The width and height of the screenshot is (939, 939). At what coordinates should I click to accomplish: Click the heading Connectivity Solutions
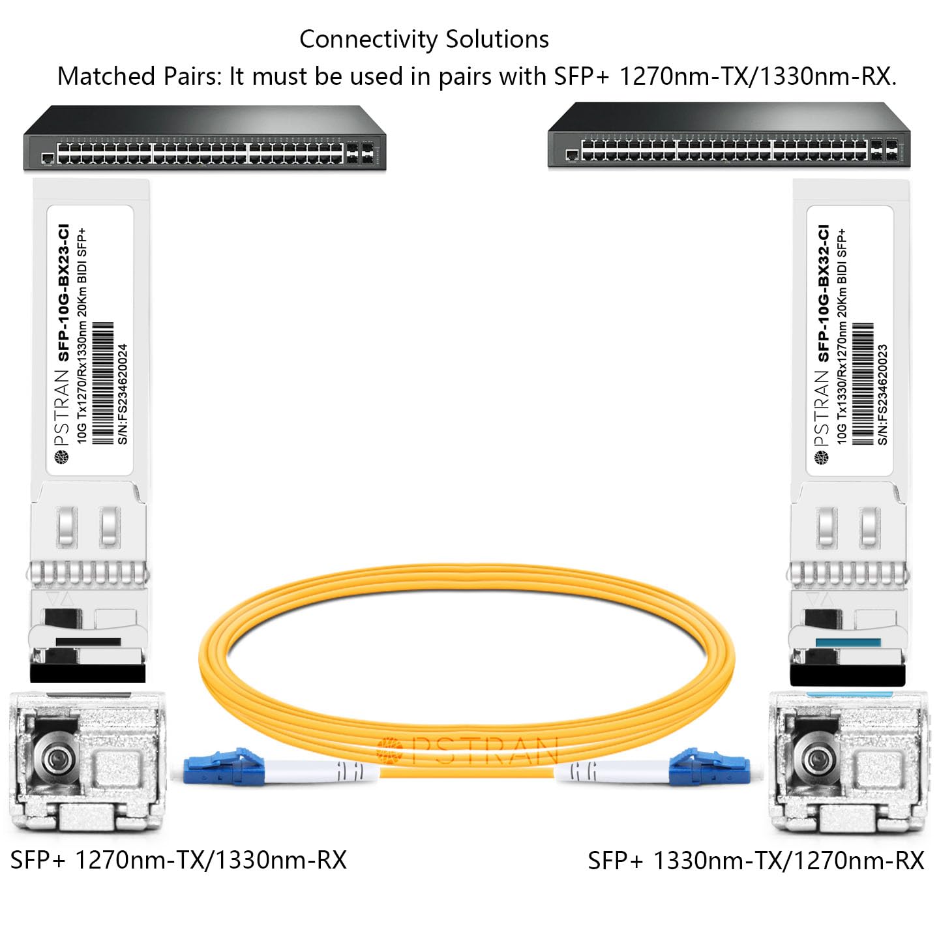[424, 40]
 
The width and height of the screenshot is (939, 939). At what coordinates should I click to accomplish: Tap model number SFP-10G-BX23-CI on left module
[63, 293]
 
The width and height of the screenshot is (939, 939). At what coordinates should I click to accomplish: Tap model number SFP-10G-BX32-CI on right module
[824, 293]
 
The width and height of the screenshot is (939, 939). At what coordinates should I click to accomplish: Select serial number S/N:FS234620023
[883, 394]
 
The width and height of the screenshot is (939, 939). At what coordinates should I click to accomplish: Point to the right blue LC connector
[711, 767]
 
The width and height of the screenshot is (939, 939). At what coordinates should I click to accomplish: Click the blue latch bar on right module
[848, 643]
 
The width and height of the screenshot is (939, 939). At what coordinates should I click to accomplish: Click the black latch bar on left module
[88, 642]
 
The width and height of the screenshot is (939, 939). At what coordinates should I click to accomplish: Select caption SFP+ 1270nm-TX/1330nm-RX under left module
[178, 860]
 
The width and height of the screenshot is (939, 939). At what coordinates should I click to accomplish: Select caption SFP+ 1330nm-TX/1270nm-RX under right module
[756, 861]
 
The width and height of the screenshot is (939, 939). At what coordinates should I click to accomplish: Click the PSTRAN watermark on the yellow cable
[469, 750]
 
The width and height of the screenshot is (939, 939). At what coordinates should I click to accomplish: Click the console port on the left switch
[48, 158]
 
